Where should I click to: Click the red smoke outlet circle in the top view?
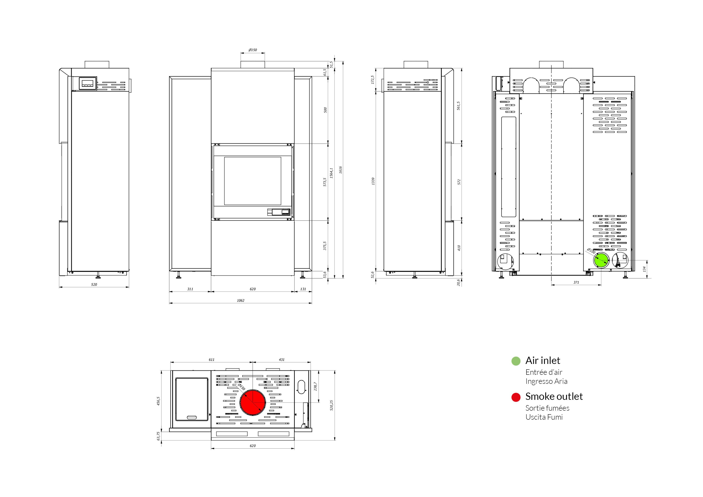[253, 402]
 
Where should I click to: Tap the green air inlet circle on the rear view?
[601, 261]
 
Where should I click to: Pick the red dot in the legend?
[516, 397]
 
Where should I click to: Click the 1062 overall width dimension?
[241, 300]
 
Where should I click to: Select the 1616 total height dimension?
[340, 170]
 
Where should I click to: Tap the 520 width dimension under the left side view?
[94, 285]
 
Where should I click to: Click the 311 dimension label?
[190, 289]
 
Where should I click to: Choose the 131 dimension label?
[303, 289]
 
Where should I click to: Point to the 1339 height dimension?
[373, 181]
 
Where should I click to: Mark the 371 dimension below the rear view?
[576, 282]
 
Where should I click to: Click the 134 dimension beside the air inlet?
[644, 269]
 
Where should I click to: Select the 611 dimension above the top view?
[212, 360]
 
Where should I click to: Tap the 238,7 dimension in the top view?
[315, 386]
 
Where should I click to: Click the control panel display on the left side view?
[88, 83]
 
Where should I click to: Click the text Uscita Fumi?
[544, 417]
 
